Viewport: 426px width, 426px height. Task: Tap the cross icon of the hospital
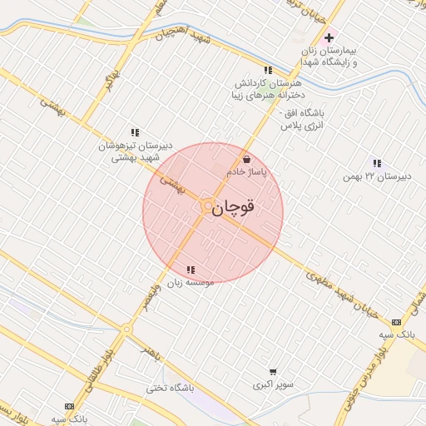point(329,37)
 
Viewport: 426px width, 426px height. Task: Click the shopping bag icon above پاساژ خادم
point(246,160)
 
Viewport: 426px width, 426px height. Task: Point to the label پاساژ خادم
point(246,171)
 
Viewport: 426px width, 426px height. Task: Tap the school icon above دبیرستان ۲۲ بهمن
point(377,163)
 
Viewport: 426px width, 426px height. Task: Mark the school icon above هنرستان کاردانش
point(267,71)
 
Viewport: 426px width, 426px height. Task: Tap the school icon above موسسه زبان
point(191,270)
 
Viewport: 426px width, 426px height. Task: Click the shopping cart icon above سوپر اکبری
point(273,372)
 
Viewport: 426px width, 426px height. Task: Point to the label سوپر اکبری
point(274,386)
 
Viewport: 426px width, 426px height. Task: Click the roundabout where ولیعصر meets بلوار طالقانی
point(126,330)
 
